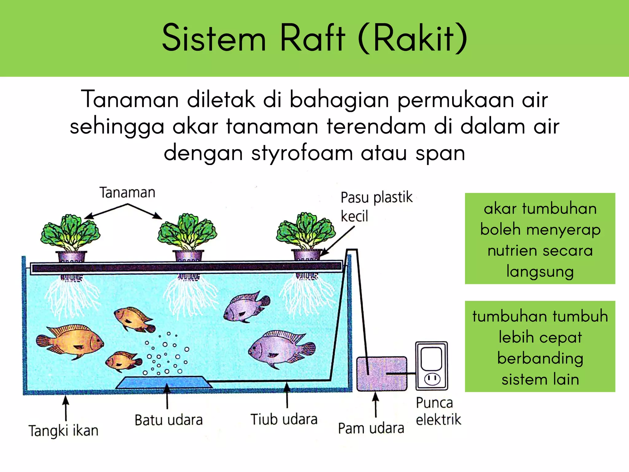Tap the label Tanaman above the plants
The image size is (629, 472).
coord(127,193)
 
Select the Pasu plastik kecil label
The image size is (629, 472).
coord(376,206)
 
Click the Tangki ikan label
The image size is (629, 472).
coord(63,431)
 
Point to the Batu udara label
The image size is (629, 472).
coord(168,420)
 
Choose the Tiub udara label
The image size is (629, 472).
coord(284,419)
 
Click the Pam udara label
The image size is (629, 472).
coord(371,428)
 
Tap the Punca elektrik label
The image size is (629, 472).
coord(438,411)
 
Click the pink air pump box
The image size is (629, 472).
coord(381,374)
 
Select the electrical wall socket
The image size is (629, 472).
coord(432,366)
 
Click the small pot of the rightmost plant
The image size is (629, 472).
coord(307,255)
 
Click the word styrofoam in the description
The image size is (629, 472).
coord(302,153)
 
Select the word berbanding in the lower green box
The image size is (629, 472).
coord(540,359)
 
